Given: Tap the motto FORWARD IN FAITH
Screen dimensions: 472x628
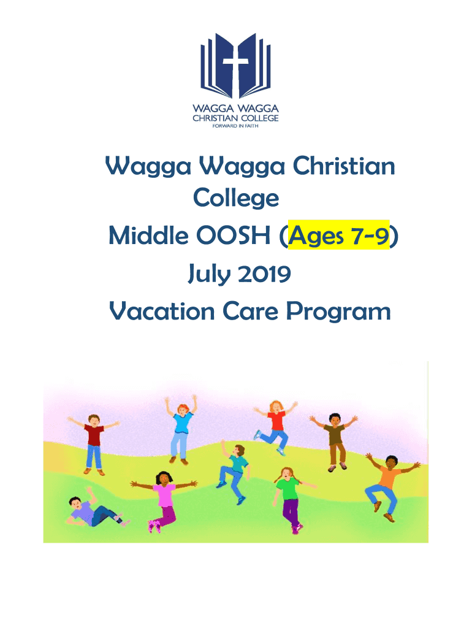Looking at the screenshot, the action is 235,126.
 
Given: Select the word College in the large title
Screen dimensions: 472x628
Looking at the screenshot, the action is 236,198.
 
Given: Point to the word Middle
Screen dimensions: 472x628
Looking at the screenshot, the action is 148,235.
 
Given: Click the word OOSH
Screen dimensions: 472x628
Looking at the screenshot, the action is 233,235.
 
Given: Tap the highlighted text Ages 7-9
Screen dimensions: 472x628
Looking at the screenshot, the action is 339,235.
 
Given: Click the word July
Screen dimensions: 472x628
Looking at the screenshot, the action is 209,274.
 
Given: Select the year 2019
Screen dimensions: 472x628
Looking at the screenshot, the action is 264,274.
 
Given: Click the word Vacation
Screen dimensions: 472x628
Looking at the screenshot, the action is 162,312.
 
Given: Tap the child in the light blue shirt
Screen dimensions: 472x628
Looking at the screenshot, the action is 181,430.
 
